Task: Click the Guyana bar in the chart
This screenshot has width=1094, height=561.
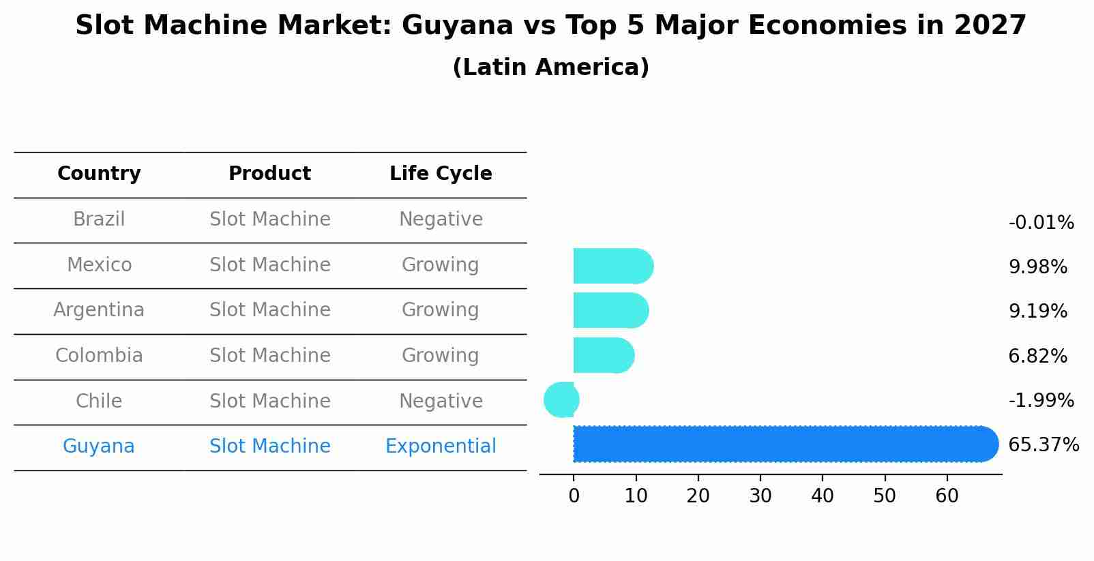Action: [784, 444]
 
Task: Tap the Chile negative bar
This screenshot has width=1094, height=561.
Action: [561, 399]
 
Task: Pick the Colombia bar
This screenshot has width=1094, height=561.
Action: [603, 355]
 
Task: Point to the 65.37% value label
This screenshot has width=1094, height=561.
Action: [1043, 445]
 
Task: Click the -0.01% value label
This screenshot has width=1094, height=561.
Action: [1041, 223]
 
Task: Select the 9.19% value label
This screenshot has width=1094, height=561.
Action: [1037, 312]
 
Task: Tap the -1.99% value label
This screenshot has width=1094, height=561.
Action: [1041, 400]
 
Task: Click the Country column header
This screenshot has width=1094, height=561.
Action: [99, 174]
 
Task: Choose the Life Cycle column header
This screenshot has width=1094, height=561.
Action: [441, 174]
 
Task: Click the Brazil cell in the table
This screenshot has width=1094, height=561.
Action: [99, 219]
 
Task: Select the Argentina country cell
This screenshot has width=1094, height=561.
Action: [99, 310]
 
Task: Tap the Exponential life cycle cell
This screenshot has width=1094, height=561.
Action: [441, 446]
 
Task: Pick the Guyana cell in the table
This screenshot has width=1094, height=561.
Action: [99, 446]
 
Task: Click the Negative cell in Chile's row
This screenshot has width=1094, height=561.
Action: [441, 401]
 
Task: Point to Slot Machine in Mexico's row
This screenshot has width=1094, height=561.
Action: [269, 264]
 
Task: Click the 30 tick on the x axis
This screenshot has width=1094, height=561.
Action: [760, 496]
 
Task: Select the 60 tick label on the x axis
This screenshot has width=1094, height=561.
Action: [947, 496]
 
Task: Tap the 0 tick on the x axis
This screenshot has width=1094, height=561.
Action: [574, 496]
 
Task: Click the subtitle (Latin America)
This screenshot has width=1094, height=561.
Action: [550, 67]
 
